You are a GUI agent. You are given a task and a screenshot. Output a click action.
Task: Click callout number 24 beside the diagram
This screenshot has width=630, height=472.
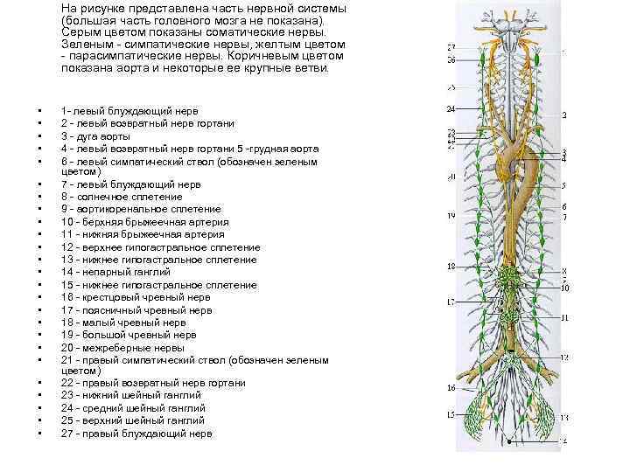pyautogui.click(x=451, y=109)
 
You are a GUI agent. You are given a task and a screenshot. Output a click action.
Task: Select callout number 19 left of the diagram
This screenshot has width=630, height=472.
pyautogui.click(x=451, y=215)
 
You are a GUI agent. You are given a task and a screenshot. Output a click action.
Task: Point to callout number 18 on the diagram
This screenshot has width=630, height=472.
pyautogui.click(x=451, y=266)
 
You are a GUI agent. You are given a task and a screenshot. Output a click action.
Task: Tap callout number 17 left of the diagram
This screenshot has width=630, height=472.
pyautogui.click(x=451, y=302)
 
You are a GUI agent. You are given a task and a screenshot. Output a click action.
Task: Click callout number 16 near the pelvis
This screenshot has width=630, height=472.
pyautogui.click(x=451, y=387)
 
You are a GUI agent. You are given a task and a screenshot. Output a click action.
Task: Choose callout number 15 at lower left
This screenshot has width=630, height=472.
pyautogui.click(x=451, y=414)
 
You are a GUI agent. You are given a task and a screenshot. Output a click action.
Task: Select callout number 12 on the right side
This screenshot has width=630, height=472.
pyautogui.click(x=565, y=357)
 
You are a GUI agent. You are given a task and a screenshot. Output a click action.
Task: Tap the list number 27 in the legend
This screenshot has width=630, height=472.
pyautogui.click(x=67, y=433)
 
